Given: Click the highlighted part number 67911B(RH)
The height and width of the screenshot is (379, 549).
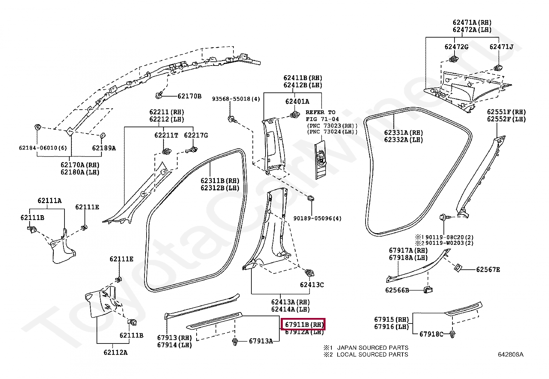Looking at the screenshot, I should click(x=303, y=325).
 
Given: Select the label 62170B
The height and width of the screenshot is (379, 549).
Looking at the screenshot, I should click(x=189, y=96).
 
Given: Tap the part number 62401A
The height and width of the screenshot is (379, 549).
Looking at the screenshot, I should click(x=297, y=101).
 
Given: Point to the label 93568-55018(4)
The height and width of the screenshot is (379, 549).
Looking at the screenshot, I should click(x=236, y=99).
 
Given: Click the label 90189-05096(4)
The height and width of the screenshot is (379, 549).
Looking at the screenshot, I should click(x=317, y=218).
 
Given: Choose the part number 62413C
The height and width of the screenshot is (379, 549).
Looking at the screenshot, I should click(x=312, y=285).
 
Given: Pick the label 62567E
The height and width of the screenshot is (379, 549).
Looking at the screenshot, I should click(x=488, y=269).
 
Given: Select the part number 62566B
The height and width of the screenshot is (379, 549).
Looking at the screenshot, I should click(x=397, y=290).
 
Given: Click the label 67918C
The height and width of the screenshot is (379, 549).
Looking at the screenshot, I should click(x=431, y=334).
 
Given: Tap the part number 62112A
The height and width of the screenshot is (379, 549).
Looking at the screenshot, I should click(x=115, y=352).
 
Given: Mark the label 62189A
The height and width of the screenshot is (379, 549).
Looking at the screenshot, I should click(x=104, y=148).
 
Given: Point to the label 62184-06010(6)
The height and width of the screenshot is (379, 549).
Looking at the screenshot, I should click(x=43, y=148).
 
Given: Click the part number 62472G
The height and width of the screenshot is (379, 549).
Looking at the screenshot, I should click(x=456, y=47).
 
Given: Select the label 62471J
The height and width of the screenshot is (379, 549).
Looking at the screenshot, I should click(x=501, y=47).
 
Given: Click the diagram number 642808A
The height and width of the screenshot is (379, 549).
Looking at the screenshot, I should click(x=510, y=355).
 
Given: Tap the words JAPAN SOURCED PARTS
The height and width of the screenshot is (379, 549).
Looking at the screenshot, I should click(x=372, y=348).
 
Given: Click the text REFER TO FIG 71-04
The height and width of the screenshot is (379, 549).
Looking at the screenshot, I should click(x=320, y=116).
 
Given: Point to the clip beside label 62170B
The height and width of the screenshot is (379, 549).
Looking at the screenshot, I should click(x=159, y=94).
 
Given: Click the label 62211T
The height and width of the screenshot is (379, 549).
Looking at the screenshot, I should click(x=166, y=135).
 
